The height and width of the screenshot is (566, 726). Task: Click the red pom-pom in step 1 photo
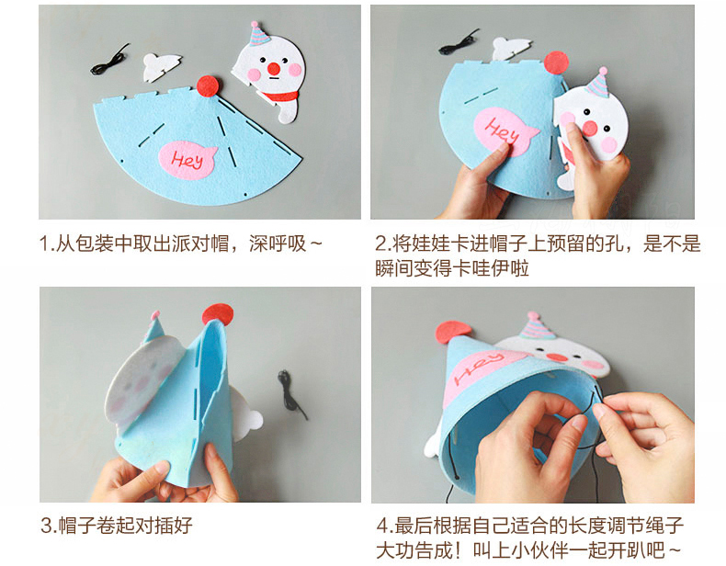(x=209, y=85)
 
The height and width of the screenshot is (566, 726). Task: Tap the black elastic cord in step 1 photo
(x=109, y=61)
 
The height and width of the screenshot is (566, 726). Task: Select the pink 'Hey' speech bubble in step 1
(x=187, y=160)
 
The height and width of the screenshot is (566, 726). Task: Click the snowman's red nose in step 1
(x=274, y=69)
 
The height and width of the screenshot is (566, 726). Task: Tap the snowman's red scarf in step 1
(x=279, y=96)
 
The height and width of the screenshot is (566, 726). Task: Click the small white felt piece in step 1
(x=161, y=67)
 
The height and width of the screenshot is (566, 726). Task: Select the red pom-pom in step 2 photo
(x=557, y=63)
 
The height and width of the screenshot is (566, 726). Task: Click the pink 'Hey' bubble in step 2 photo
(x=505, y=131)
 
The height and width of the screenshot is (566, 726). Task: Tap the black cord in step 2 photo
(x=459, y=42)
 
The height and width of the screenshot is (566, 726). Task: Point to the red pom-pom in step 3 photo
(x=218, y=314)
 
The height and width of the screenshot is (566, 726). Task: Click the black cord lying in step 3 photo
(x=291, y=394)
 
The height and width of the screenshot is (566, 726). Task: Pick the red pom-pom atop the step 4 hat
(x=452, y=332)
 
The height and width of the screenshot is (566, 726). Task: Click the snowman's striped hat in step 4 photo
(x=536, y=326)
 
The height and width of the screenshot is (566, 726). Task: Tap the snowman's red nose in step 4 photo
(x=555, y=357)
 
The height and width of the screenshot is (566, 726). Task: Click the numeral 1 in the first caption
(x=44, y=243)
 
